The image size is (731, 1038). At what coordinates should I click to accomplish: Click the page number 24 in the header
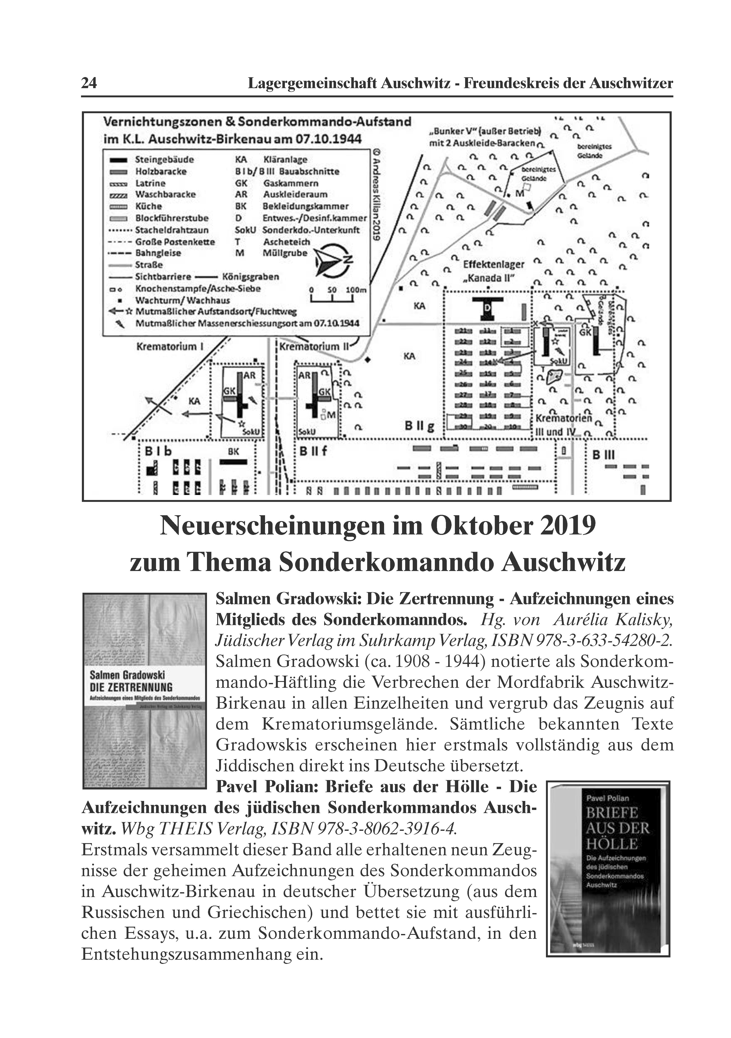tap(89, 83)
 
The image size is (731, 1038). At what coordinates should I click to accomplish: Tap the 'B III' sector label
tap(603, 455)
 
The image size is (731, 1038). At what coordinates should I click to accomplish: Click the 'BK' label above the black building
tap(233, 451)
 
